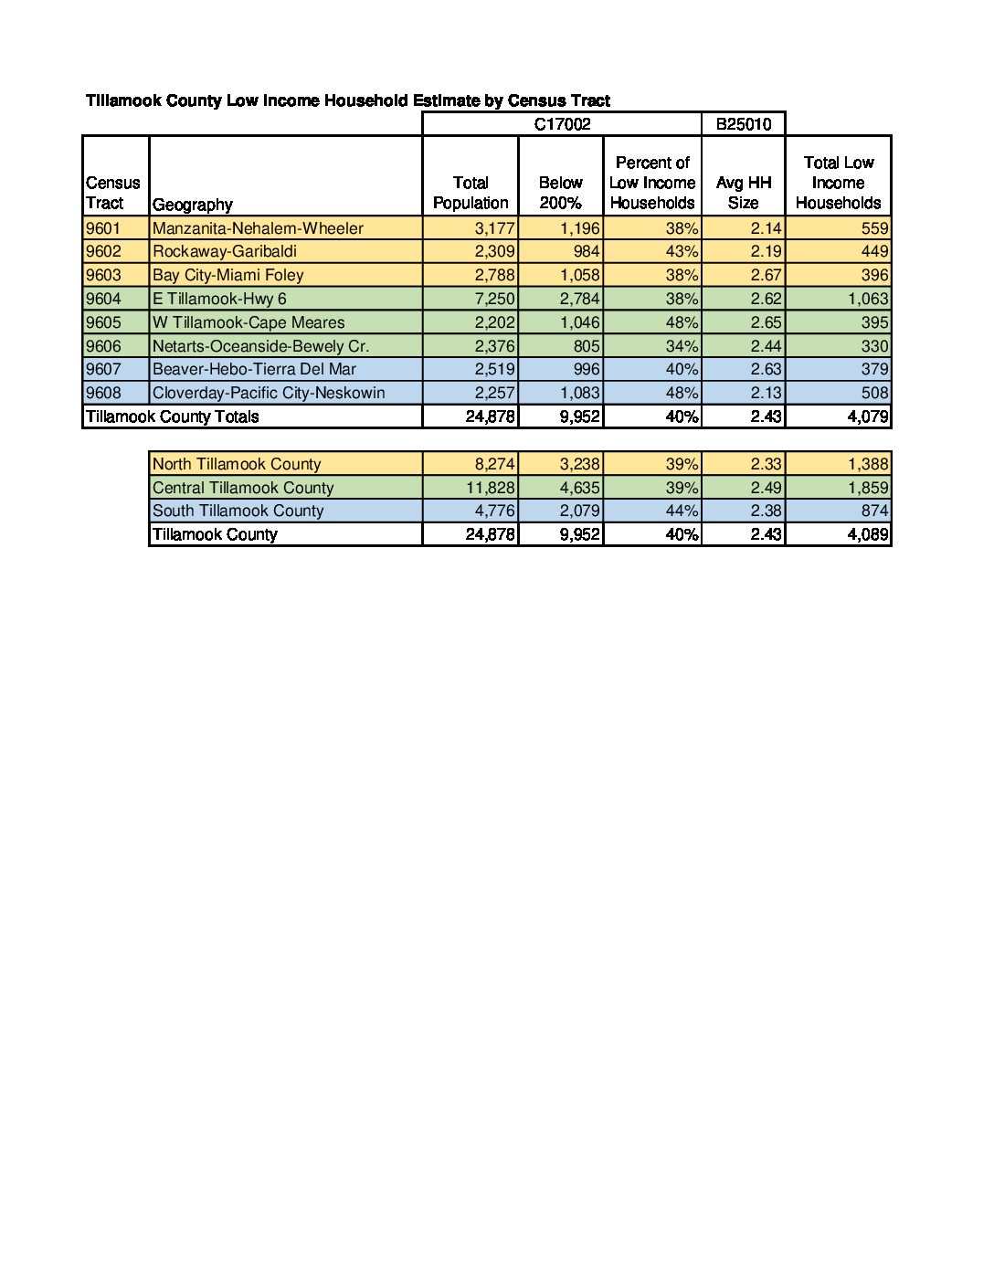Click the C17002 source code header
point(562,124)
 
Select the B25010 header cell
point(743,124)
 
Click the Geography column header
point(193,205)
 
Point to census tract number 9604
point(103,299)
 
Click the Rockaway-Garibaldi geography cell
point(225,251)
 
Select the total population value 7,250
point(494,299)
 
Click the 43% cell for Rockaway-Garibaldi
point(682,251)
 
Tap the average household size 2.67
point(766,275)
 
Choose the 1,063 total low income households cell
point(867,299)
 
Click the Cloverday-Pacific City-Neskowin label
point(269,393)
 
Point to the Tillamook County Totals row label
point(173,416)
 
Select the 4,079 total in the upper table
point(867,416)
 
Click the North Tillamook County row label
point(237,464)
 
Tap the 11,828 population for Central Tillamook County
point(490,488)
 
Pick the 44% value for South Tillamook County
point(682,511)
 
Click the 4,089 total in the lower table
point(867,534)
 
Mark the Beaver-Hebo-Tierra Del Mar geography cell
point(255,369)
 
